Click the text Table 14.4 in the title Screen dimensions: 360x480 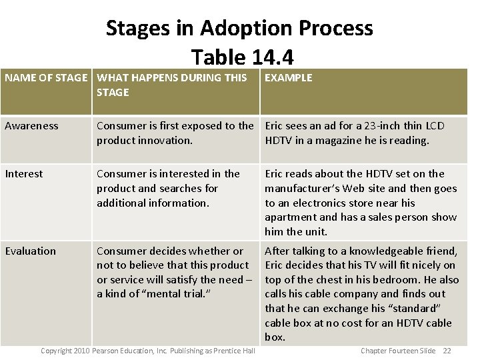(242, 56)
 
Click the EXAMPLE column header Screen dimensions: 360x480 (288, 78)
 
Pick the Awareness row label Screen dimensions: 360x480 (31, 126)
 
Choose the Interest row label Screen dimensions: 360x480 (23, 174)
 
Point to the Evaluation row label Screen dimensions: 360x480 (31, 251)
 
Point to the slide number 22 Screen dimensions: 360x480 (447, 351)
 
